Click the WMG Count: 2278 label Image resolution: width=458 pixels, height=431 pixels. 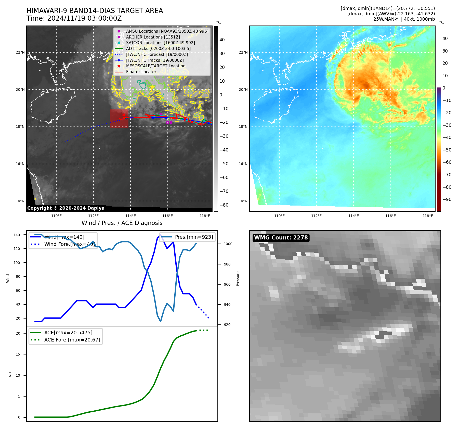(x=281, y=238)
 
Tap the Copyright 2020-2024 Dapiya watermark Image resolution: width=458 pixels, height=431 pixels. (x=66, y=208)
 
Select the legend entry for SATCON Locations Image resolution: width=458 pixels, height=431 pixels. (x=160, y=43)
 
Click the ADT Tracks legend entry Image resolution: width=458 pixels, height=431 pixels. (x=158, y=49)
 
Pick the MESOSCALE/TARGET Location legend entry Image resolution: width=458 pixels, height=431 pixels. (x=156, y=66)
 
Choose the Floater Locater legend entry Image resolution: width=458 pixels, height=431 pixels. (x=141, y=72)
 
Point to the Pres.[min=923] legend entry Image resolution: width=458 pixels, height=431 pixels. (x=194, y=237)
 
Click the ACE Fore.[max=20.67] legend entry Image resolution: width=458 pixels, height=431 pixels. (x=72, y=340)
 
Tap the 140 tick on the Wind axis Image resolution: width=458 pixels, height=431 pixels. (x=17, y=235)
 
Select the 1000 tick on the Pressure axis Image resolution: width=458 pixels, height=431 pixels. (x=228, y=244)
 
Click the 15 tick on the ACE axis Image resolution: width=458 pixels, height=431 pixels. (x=18, y=354)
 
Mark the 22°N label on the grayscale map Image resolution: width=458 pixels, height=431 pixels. (x=20, y=53)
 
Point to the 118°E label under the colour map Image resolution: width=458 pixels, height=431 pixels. (x=428, y=216)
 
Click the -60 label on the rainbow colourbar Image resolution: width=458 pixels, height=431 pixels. (x=447, y=162)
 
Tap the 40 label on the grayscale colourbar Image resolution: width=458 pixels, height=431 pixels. (x=222, y=40)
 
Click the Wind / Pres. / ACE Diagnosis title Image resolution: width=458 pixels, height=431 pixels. (x=122, y=223)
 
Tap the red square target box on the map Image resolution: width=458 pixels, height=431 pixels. (x=119, y=119)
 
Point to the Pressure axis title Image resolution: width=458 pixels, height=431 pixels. (x=238, y=278)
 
